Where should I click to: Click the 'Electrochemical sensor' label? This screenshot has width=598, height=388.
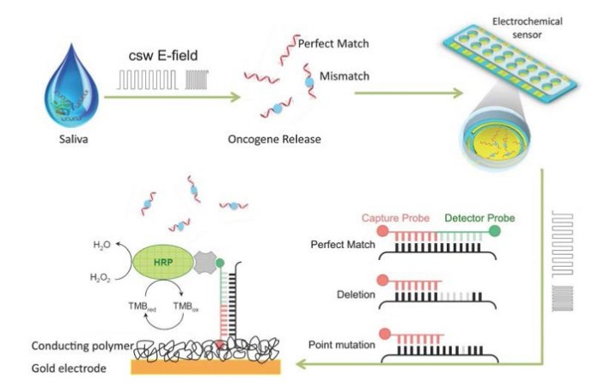coord(527,27)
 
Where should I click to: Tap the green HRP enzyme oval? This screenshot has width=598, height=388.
coord(163,262)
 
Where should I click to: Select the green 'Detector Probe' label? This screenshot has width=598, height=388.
coord(478,218)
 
